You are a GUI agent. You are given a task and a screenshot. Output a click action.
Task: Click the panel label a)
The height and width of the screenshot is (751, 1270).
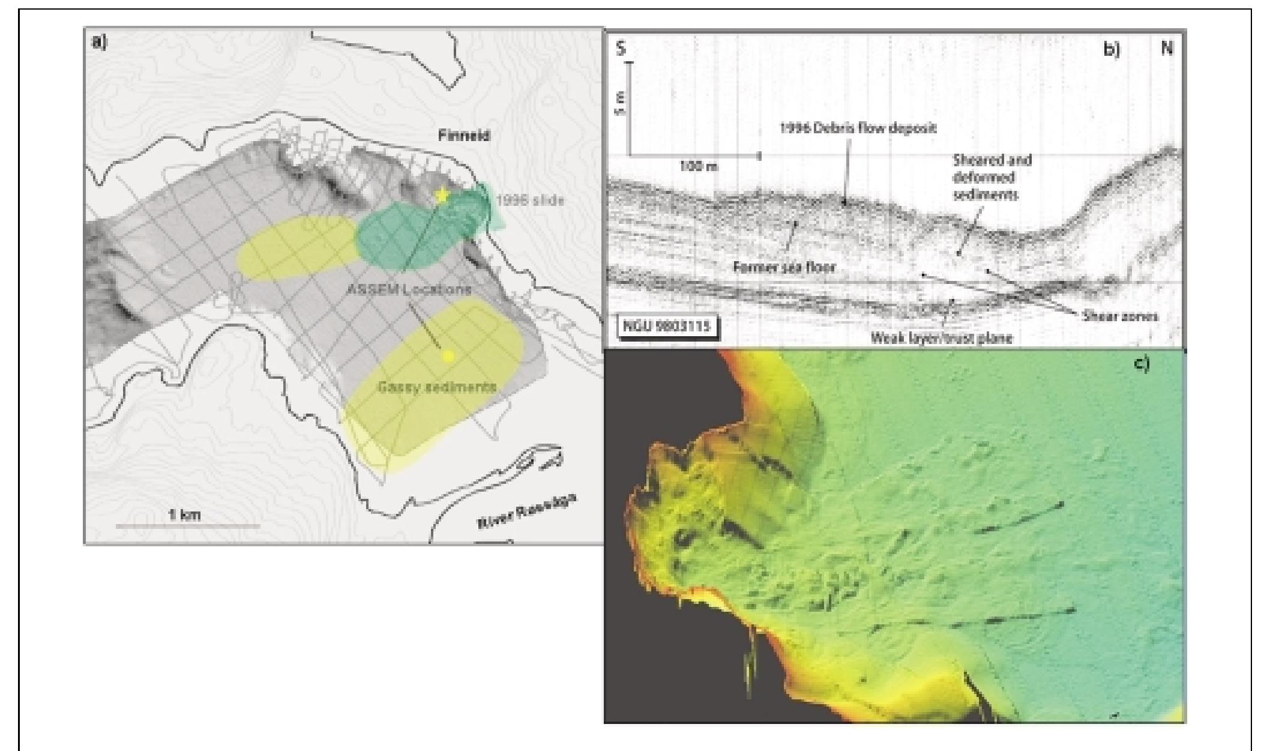coord(98,43)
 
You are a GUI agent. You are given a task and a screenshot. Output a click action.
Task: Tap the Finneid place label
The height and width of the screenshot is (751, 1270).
coord(463,136)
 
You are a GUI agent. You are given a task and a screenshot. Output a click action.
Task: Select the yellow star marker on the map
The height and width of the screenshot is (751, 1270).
coord(442,196)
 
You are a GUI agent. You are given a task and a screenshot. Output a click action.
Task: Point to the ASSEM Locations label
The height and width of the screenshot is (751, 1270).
coord(409,289)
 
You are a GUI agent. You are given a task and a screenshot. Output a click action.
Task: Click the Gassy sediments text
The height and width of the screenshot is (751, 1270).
coord(436,387)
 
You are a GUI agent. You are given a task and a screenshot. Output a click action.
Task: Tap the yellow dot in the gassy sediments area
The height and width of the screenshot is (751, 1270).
coord(447,357)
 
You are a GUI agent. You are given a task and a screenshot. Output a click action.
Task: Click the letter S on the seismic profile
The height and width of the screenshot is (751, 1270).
coord(621,49)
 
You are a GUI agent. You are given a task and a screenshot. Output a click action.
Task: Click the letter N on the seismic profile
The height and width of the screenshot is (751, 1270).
coord(1166,49)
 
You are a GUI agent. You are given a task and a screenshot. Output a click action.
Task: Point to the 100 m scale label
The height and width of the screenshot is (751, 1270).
coord(699,166)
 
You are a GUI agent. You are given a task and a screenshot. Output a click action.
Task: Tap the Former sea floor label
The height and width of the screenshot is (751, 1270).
coord(784,267)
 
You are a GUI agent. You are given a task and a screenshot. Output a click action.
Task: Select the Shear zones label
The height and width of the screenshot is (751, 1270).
coord(1120,316)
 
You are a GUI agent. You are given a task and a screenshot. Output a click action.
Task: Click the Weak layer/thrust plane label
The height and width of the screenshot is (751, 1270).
coord(941,338)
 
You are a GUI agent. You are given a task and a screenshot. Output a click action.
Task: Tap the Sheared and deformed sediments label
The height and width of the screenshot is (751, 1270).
coord(992,177)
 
